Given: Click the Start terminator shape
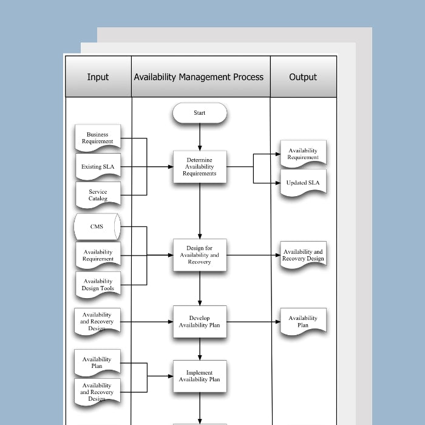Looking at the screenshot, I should (x=200, y=113).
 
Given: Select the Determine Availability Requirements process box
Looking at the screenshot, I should (x=200, y=167).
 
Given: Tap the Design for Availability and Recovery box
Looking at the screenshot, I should (x=200, y=255).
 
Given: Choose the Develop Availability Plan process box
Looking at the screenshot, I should (x=200, y=322).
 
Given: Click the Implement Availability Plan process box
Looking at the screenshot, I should (x=200, y=376).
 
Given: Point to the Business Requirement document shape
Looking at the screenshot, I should (x=98, y=138).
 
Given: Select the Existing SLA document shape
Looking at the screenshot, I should (x=98, y=166).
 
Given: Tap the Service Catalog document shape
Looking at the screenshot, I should (x=98, y=195).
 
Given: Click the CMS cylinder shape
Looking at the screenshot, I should (x=97, y=227).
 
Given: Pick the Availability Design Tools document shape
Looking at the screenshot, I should (x=98, y=284).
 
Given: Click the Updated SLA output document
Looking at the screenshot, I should (x=303, y=183).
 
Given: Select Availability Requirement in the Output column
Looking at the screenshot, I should (x=303, y=154).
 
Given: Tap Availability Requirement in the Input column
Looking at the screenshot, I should (x=98, y=255).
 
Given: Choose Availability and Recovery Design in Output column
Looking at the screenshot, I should (x=303, y=255).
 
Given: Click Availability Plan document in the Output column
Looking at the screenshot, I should (x=303, y=322).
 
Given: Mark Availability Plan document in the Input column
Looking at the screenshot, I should (x=98, y=362).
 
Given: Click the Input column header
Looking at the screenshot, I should (x=98, y=77).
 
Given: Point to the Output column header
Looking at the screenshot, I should (x=303, y=77).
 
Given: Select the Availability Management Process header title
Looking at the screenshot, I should (x=199, y=77).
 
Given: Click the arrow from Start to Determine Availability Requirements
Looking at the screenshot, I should (x=200, y=137).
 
